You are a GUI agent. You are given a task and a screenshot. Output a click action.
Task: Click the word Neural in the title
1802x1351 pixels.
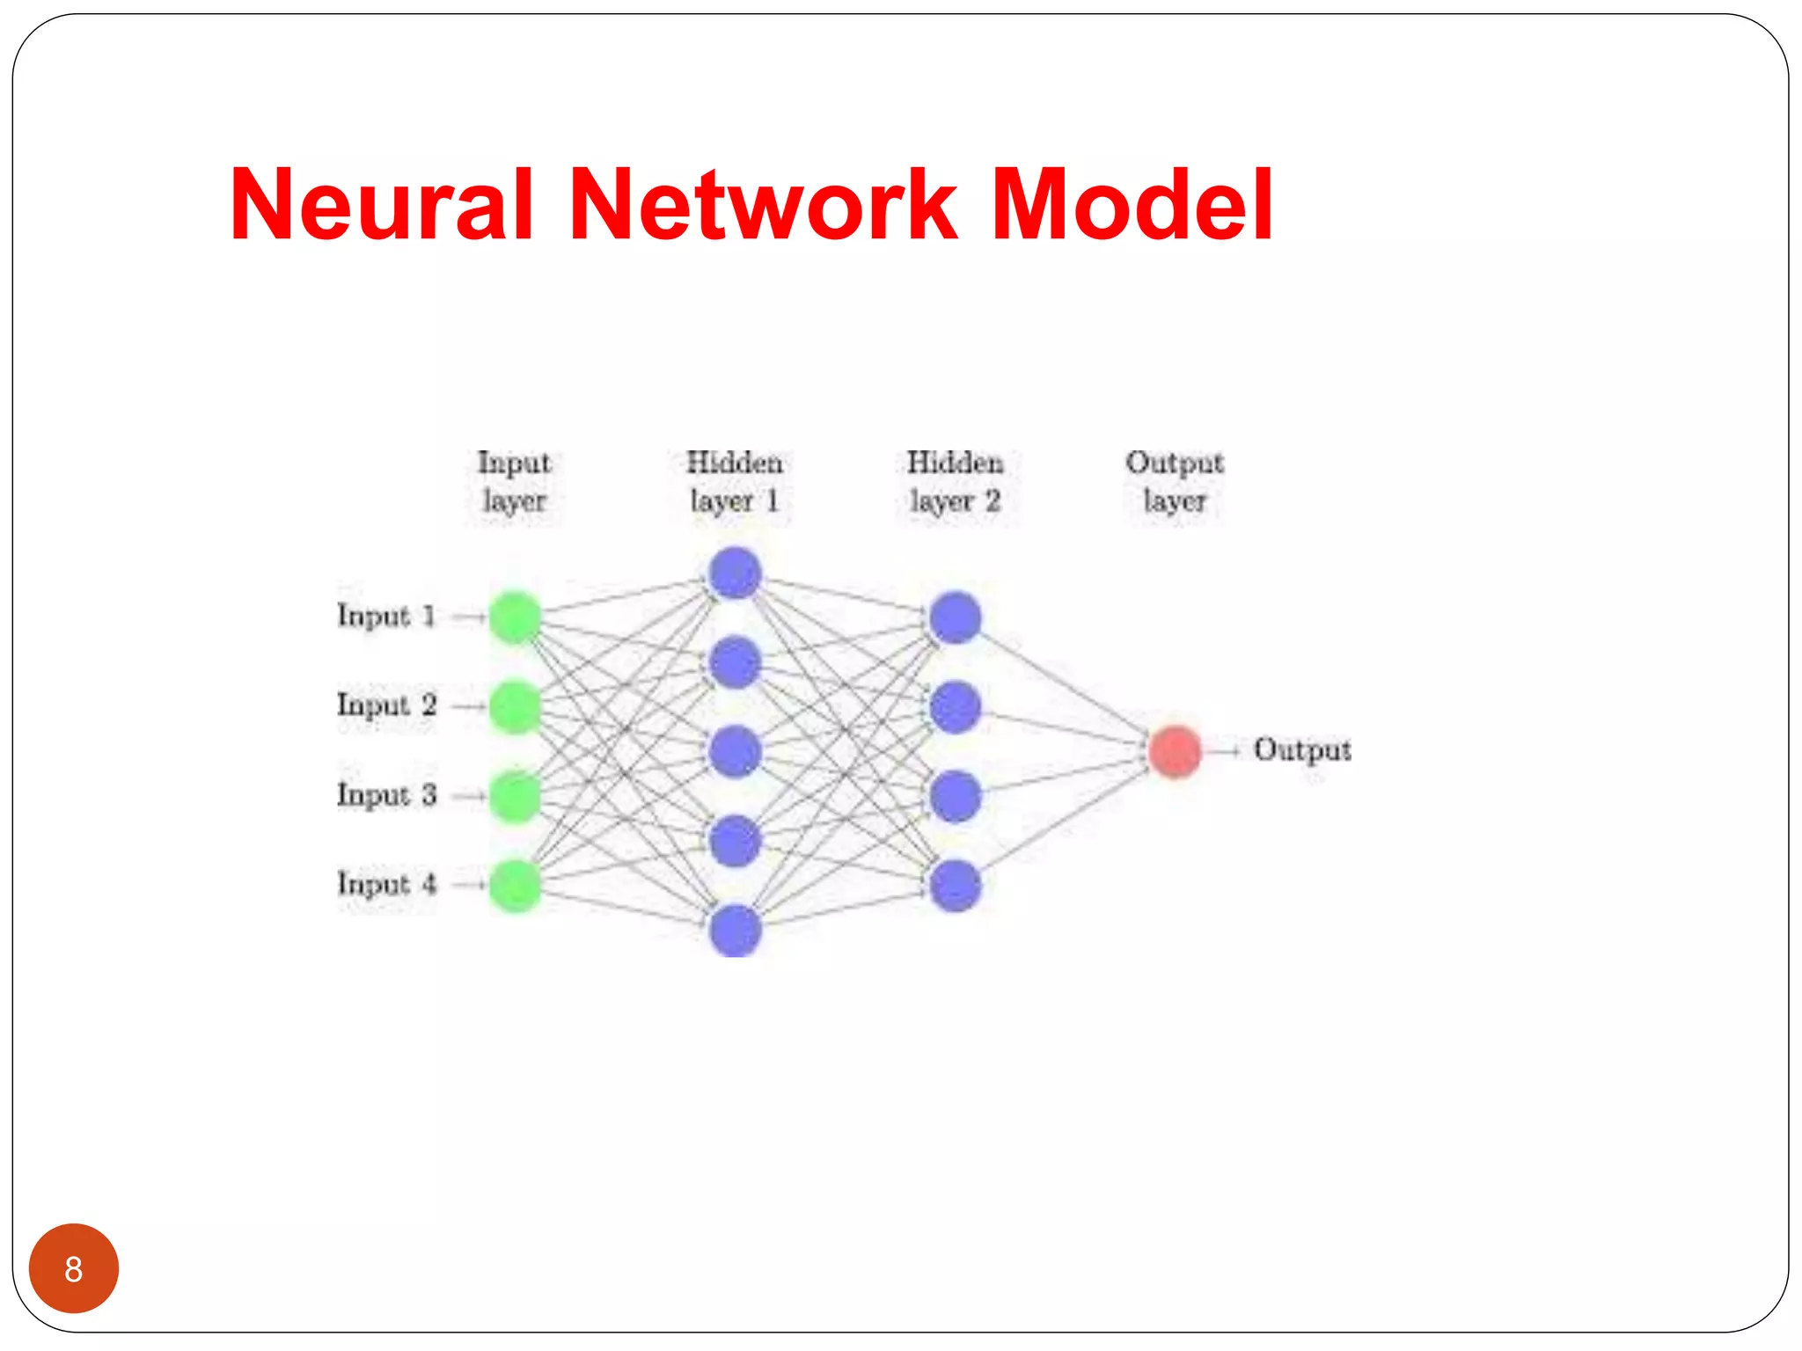[x=381, y=205]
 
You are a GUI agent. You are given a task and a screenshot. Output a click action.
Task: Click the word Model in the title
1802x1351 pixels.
[x=1132, y=205]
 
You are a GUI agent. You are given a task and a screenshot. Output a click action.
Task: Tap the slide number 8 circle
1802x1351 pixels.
[x=74, y=1268]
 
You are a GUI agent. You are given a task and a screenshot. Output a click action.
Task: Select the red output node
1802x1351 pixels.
[x=1175, y=751]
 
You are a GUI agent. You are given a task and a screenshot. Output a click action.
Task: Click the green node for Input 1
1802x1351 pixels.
[x=515, y=617]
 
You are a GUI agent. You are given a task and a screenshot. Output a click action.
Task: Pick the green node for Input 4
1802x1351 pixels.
[x=515, y=885]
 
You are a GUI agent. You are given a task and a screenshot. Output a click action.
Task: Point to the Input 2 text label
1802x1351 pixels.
[x=386, y=705]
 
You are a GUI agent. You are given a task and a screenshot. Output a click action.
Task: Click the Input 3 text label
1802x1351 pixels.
[x=386, y=795]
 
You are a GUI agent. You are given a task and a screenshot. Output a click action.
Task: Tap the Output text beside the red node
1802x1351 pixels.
[x=1301, y=750]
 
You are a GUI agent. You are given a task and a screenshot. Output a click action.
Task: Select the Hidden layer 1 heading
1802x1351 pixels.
[x=735, y=481]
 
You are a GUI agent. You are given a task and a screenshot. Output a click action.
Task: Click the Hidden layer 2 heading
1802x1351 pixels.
[x=955, y=481]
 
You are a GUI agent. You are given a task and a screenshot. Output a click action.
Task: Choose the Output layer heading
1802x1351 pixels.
[x=1175, y=481]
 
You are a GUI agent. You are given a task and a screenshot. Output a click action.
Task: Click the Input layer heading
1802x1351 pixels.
[x=514, y=481]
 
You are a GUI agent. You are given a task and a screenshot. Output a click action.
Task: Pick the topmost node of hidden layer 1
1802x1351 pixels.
[x=735, y=573]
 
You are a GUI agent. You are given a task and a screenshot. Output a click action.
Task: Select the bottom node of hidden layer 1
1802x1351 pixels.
[x=735, y=930]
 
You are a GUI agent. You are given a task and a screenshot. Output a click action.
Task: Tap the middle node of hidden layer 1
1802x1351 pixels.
[x=735, y=751]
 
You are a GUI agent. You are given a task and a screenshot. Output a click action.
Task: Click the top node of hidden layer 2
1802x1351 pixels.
[x=955, y=617]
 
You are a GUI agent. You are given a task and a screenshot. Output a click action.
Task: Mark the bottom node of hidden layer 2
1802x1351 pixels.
[x=955, y=885]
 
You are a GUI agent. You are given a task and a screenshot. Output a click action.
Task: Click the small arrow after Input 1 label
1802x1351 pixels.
[x=469, y=617]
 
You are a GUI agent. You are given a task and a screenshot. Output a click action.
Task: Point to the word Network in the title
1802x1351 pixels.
[x=763, y=205]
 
